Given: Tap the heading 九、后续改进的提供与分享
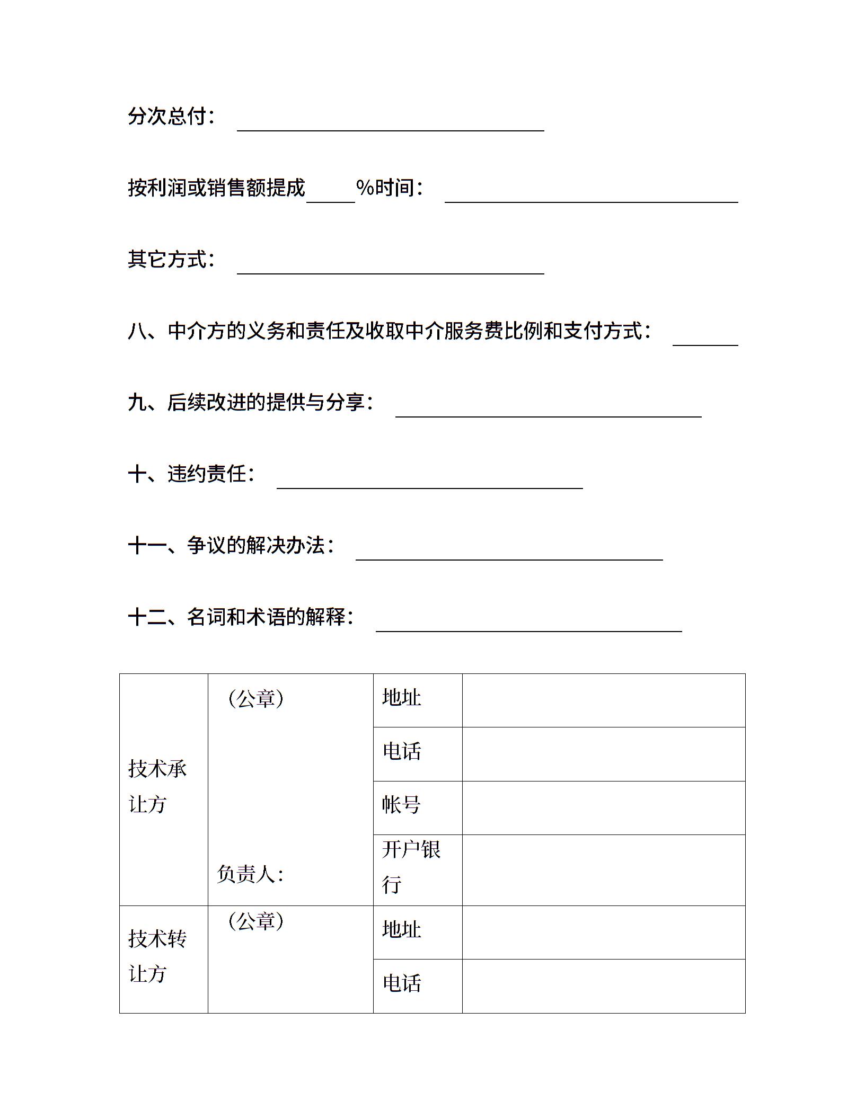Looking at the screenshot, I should tap(250, 403).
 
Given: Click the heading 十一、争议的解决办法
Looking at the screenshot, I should tap(231, 546).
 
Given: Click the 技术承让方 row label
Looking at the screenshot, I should tap(157, 786).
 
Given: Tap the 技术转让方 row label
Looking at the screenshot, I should tap(157, 956).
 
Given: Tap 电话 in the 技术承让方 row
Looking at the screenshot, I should tap(401, 751).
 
